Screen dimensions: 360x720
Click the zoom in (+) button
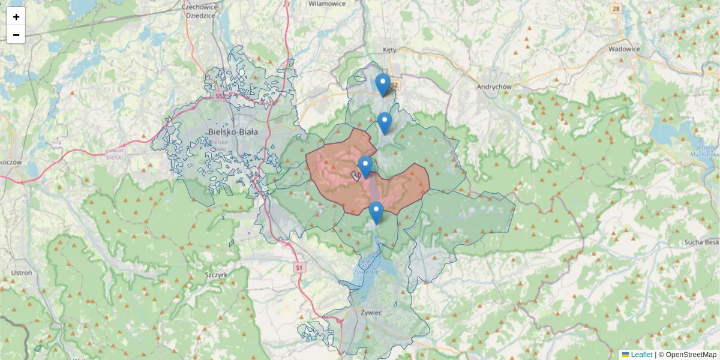point(16,17)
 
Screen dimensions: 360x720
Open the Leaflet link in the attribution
point(641,355)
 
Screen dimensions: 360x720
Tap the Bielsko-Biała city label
point(232,133)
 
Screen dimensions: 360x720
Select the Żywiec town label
point(372,312)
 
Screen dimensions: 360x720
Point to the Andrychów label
point(493,86)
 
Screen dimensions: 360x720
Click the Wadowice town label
point(624,49)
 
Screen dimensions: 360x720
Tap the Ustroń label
point(22,272)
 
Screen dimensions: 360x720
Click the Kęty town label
point(391,50)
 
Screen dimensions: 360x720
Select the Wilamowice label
point(326,4)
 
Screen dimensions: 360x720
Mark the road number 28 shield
point(616,8)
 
